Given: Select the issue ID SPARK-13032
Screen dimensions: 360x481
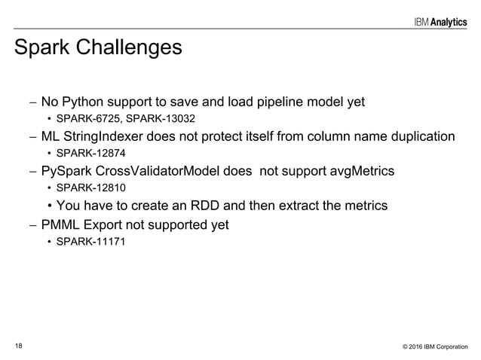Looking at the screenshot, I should [155, 118].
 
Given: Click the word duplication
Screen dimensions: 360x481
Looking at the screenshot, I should [421, 136].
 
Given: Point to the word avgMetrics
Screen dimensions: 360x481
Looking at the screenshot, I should [359, 171].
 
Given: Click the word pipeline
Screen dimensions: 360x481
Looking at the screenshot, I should [278, 102].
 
